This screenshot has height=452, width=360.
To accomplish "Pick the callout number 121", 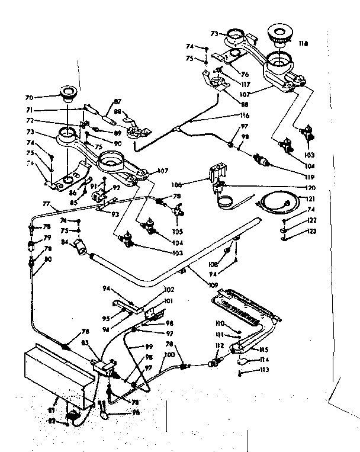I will point(310,199).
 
